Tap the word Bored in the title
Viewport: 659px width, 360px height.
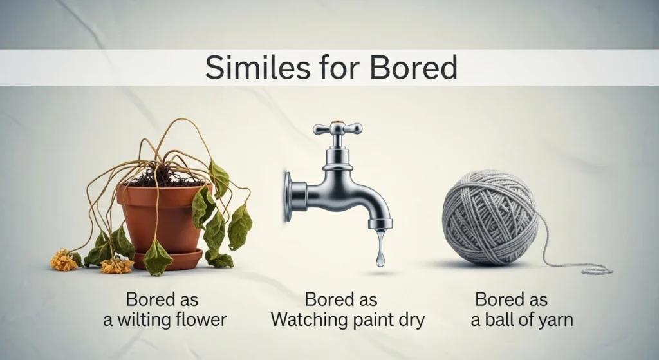coord(413,67)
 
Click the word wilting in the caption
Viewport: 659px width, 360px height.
coord(139,320)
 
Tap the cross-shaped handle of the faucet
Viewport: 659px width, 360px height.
coord(337,128)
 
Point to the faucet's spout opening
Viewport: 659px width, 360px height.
coord(380,226)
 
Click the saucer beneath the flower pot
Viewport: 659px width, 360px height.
coord(168,260)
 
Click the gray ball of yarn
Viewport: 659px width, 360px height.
coord(490,218)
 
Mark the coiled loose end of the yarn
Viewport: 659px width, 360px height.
coord(593,270)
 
